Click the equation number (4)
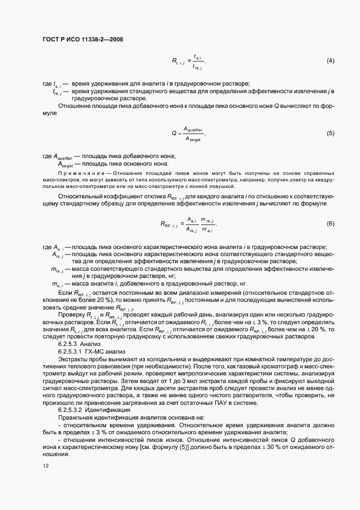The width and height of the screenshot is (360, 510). point(330,60)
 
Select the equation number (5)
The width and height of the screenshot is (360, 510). point(330,133)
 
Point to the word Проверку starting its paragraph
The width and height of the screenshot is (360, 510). point(71,314)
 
